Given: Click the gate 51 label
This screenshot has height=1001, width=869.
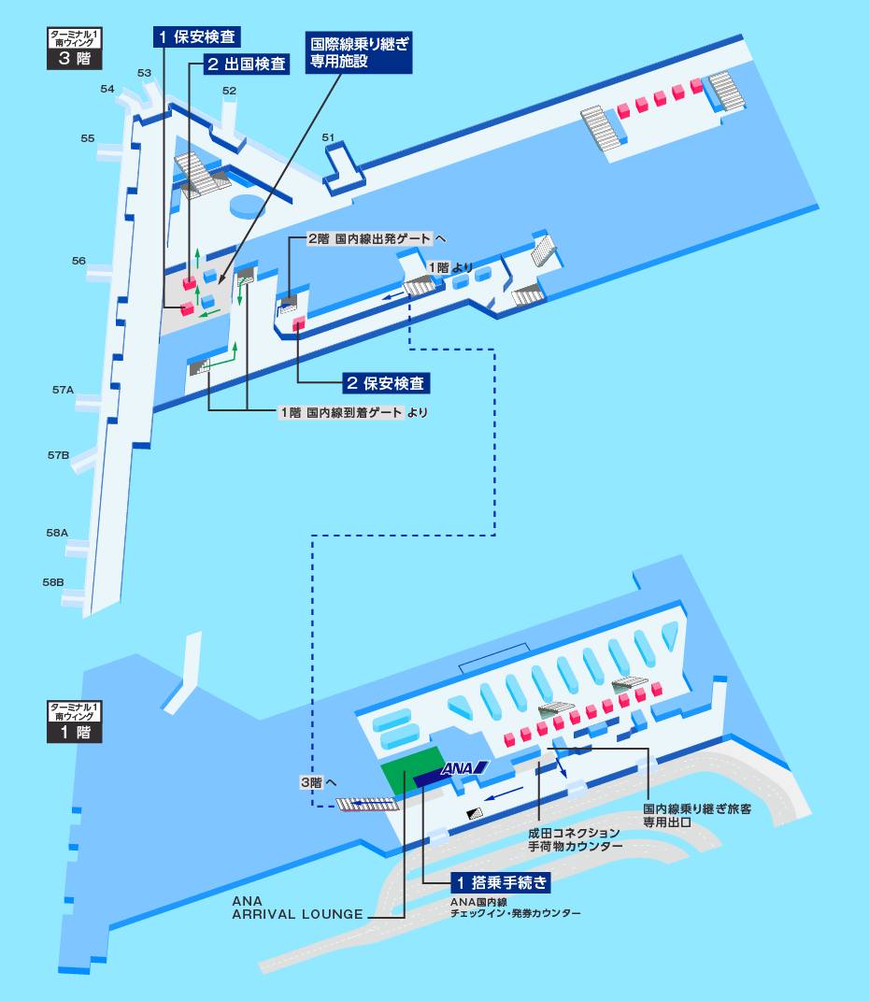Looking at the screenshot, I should [328, 137].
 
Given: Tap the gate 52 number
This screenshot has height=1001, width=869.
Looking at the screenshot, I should [230, 91].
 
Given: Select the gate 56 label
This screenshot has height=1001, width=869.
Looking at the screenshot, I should [78, 261].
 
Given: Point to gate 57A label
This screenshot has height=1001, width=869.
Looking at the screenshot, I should [63, 389].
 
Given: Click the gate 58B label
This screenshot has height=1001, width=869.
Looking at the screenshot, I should [53, 581].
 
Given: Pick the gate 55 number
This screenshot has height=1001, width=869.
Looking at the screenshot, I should [88, 138].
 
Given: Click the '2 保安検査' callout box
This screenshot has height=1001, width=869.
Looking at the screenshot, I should [385, 382].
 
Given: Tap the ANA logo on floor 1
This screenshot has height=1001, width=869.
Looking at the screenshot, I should [464, 769].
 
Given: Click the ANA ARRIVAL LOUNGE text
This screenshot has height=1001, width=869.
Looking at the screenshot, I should [297, 908].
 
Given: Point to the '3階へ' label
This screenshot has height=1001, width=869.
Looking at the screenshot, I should [318, 782].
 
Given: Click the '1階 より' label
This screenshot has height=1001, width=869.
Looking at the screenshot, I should [449, 267].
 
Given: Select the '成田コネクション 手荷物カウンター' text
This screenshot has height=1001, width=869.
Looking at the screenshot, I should [575, 838].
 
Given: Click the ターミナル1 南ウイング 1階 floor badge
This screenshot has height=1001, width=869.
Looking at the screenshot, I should [74, 722].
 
